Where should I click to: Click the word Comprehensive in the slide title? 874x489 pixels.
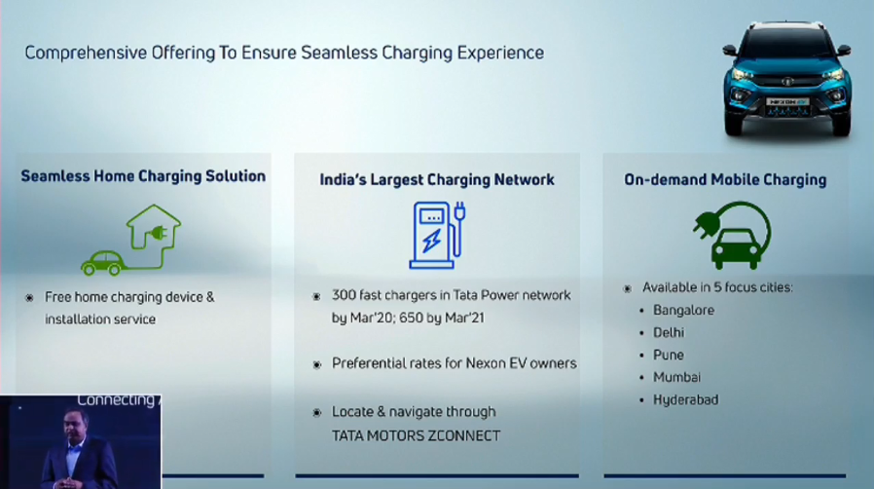point(86,53)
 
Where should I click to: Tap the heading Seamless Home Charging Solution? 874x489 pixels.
point(143,176)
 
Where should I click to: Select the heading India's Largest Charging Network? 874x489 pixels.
point(437,179)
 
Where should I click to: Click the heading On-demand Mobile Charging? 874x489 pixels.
point(725,179)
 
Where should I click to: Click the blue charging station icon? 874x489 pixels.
point(438,235)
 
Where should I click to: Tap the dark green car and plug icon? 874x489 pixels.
point(733,236)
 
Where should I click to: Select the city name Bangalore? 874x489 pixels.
point(683,310)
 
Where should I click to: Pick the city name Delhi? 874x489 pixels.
point(669,332)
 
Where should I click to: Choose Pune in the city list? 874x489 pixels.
point(669,355)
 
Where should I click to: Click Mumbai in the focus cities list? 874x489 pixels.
point(676,377)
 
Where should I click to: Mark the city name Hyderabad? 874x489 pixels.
point(685,399)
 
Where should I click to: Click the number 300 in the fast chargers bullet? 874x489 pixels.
point(344,295)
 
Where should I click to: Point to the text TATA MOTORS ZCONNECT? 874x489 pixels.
point(416,436)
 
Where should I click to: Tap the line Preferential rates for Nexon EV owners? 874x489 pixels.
point(455,363)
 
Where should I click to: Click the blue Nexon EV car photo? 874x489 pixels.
point(787,80)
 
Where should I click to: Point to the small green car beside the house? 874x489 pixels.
point(103,263)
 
